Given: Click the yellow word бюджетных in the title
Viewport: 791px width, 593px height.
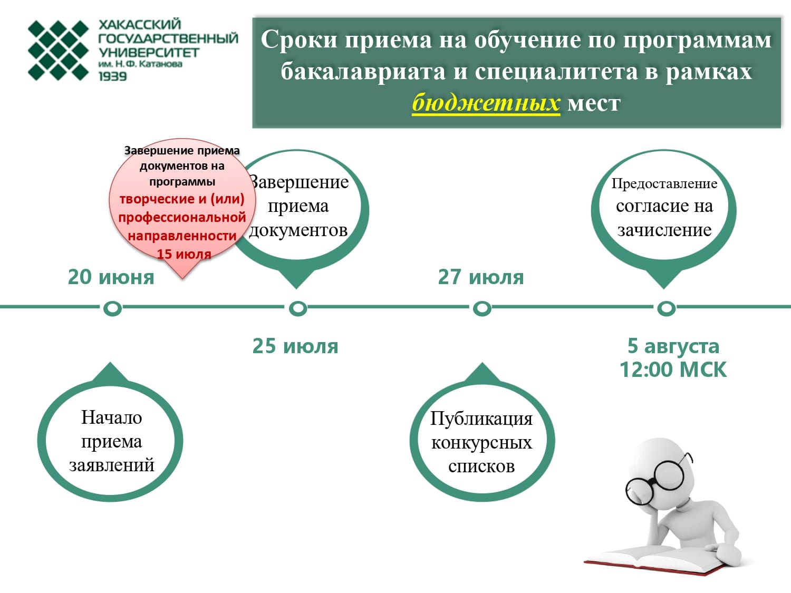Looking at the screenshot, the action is pyautogui.click(x=486, y=103).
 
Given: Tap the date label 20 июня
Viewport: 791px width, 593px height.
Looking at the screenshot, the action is pyautogui.click(x=111, y=277).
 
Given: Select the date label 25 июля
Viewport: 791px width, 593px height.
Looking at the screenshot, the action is pyautogui.click(x=295, y=346).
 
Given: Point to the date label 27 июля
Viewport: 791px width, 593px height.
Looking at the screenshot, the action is pyautogui.click(x=481, y=277).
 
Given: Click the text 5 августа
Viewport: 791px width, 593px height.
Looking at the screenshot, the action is pyautogui.click(x=673, y=346).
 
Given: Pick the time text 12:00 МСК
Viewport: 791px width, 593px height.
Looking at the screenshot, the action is pyautogui.click(x=673, y=370).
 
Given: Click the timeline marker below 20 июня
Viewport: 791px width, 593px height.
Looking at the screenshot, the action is pyautogui.click(x=112, y=308).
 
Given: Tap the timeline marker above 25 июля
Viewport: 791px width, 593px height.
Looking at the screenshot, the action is pyautogui.click(x=298, y=308).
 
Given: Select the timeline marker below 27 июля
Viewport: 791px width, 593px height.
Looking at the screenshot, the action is pyautogui.click(x=482, y=308).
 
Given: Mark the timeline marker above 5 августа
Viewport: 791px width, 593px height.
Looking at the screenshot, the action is pyautogui.click(x=667, y=308).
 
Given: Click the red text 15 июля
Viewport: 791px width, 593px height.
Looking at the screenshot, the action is pyautogui.click(x=184, y=254).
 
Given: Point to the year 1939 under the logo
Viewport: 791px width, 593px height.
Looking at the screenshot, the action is pyautogui.click(x=113, y=76).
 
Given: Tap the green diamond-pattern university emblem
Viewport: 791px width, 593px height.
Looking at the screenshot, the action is pyautogui.click(x=59, y=51).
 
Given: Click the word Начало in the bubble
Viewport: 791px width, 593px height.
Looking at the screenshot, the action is pyautogui.click(x=111, y=417).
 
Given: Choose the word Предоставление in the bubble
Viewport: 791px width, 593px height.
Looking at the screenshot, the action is pyautogui.click(x=664, y=184).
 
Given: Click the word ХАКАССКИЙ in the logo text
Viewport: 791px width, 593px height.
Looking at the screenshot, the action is pyautogui.click(x=140, y=24).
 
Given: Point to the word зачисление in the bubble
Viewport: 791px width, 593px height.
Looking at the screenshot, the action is pyautogui.click(x=664, y=230).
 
